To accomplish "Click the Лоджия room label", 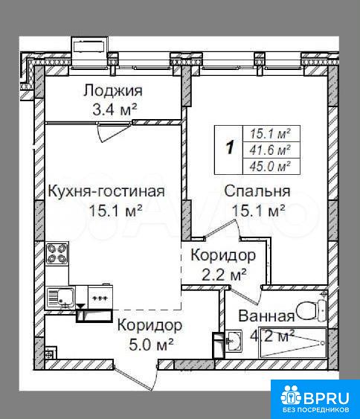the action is pos(113,90).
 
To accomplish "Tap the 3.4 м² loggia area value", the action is pos(115,109).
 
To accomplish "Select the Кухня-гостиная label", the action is pos(106,191).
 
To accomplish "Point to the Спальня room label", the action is pos(257,191).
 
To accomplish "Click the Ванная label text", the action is pos(266,316).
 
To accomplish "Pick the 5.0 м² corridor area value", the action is pos(152,345).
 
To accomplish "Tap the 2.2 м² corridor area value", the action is pos(224,275).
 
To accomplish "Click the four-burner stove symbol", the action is pos(57,253).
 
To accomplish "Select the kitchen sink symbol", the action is pos(61,297).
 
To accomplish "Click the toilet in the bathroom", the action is pos(312,310).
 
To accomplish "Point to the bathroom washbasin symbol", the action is pos(234,341).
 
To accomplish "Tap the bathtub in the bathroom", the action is pos(293,342).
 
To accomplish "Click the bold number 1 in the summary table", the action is pos(229,147).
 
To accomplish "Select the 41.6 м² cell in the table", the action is pos(270,150).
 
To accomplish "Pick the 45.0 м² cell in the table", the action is pos(270,167).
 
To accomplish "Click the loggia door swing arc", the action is pos(114,132).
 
